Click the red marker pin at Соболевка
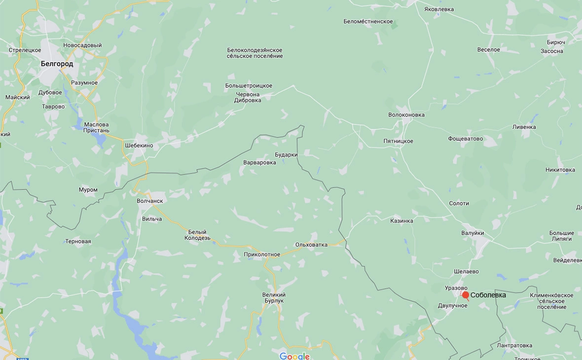point(465,295)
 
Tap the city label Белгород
point(57,64)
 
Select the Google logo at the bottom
point(294,356)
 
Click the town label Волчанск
point(149,201)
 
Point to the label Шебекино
point(139,145)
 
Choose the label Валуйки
point(473,233)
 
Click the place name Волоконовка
point(406,115)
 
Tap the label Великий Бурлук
point(274,297)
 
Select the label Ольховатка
point(311,245)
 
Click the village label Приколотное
point(262,254)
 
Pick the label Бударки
point(286,154)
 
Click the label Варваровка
point(259,162)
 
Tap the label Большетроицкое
point(249,86)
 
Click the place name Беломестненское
point(368,21)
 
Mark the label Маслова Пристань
point(96,128)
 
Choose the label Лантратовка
point(514,345)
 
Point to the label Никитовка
point(560,170)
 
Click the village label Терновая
point(78,241)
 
